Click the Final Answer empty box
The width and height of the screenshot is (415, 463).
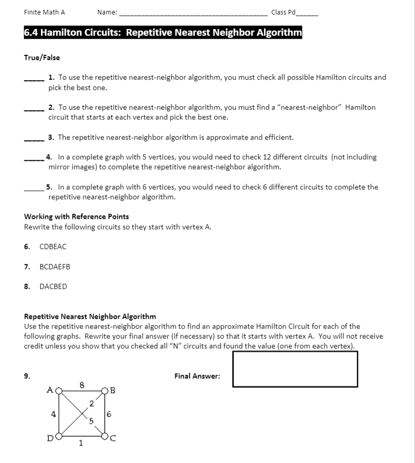click(x=295, y=368)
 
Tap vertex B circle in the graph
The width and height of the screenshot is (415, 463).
click(x=104, y=390)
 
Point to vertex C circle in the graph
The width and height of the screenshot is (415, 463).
click(x=104, y=435)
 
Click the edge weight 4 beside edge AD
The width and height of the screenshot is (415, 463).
click(x=52, y=413)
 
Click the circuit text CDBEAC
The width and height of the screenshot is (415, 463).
click(x=53, y=247)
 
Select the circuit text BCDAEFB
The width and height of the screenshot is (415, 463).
click(x=55, y=267)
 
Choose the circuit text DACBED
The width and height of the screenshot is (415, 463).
click(x=53, y=287)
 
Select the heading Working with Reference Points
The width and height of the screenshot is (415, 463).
click(x=77, y=216)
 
